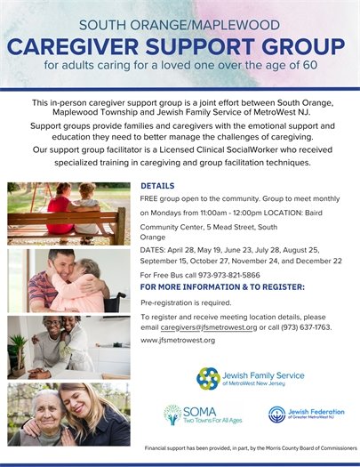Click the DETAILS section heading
point(157,185)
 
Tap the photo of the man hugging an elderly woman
point(68,280)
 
